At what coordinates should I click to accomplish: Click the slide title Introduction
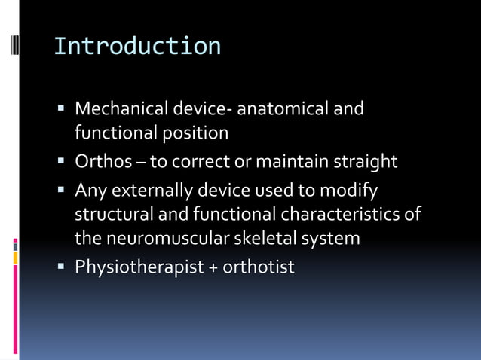click(137, 47)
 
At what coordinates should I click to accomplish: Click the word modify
click(351, 191)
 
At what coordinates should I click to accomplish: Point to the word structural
click(113, 215)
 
